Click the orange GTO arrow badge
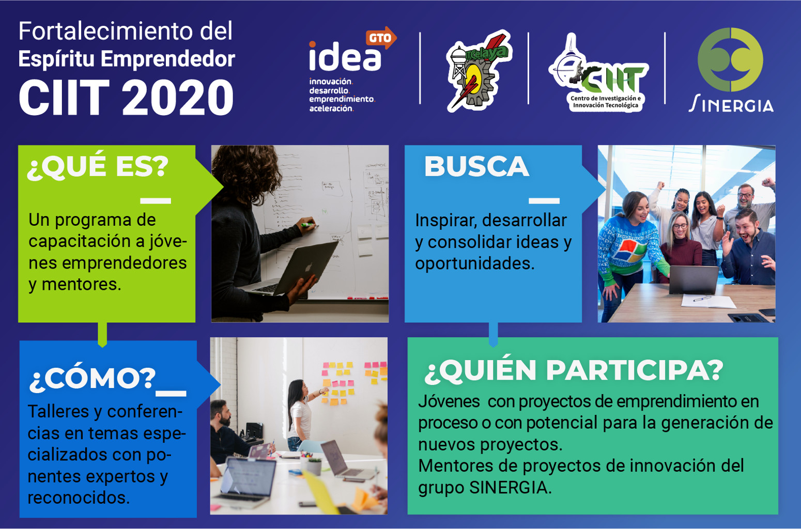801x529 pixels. (x=381, y=38)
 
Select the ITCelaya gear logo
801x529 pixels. (x=479, y=70)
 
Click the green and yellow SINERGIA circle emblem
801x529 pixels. (x=730, y=59)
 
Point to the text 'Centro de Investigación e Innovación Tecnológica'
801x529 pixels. (x=605, y=101)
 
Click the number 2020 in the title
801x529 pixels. (x=178, y=97)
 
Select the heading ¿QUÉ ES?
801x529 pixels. (x=98, y=166)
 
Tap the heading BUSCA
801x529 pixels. (x=476, y=166)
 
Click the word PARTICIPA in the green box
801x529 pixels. (x=635, y=370)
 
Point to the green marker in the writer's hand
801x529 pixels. (x=309, y=225)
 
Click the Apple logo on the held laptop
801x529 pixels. (x=308, y=267)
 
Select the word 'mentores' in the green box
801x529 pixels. (x=82, y=285)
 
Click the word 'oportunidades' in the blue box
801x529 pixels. (x=475, y=264)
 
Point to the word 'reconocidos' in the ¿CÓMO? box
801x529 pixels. (x=79, y=497)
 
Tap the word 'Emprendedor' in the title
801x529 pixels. (x=168, y=58)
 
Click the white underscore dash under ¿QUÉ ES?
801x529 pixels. (x=156, y=201)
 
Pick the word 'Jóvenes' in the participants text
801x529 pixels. (x=449, y=401)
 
